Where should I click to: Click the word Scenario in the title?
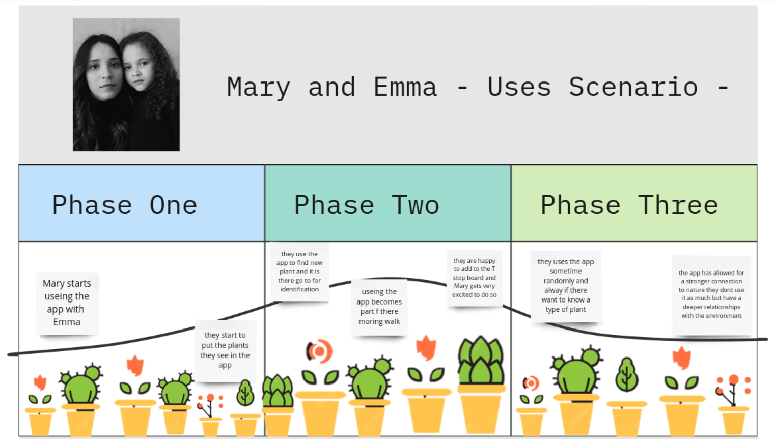coord(633,87)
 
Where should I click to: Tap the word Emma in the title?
coord(405,87)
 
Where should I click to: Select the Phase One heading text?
coord(125,205)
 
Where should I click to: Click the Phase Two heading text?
coord(367,205)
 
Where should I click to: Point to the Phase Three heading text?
coord(629,205)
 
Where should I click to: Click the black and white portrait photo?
coord(126,85)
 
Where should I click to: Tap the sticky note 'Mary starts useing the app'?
coord(67,304)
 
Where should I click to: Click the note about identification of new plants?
coord(299,271)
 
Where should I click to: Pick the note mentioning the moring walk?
coord(379,307)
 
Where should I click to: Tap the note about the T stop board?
coord(475,278)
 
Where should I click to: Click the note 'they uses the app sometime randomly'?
coord(566,286)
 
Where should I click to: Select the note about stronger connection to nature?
coord(711,294)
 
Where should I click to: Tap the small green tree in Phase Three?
coord(627,375)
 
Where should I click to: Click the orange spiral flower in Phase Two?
coord(319,351)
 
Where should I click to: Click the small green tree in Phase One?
coord(245,393)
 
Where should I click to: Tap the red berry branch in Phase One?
coord(210,405)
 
